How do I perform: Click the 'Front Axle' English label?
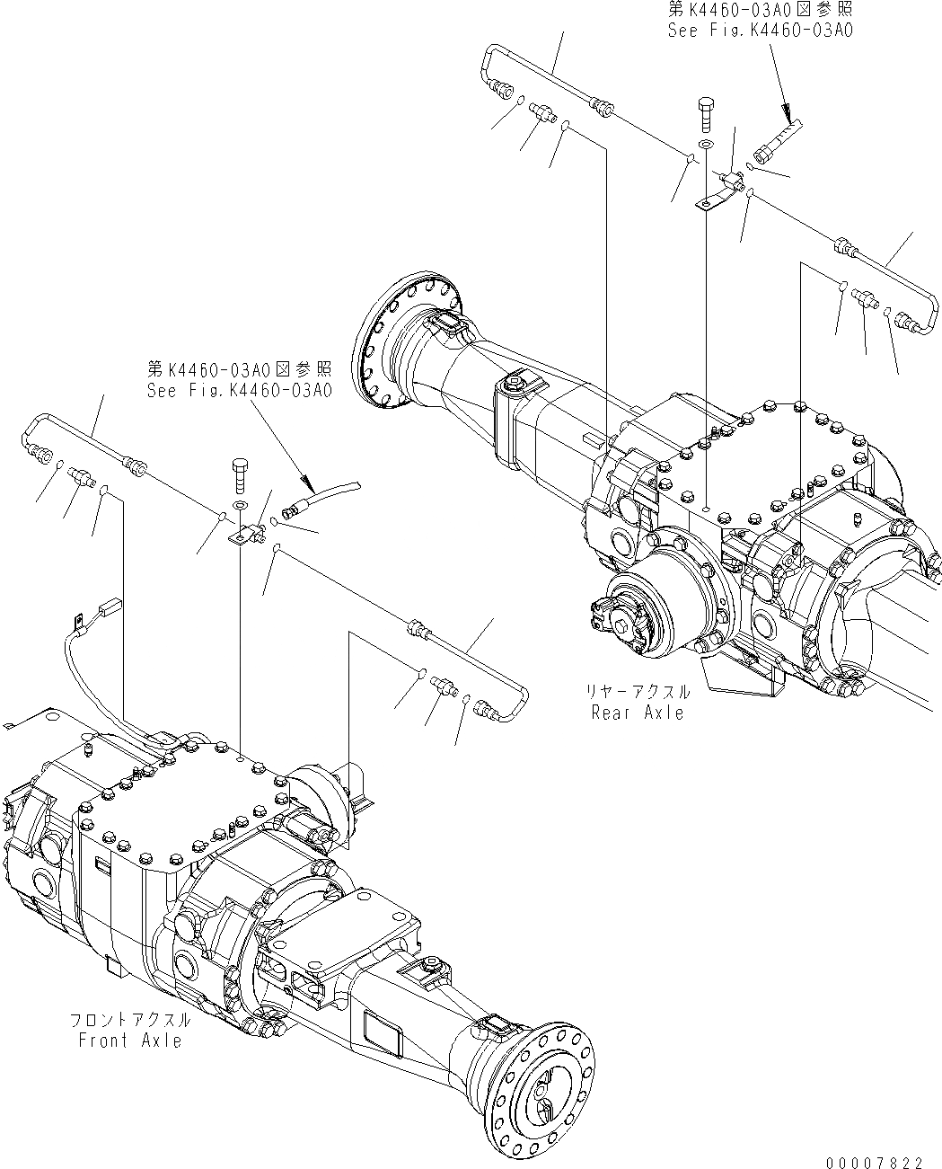pyautogui.click(x=130, y=1041)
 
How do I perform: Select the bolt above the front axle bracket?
pyautogui.click(x=240, y=473)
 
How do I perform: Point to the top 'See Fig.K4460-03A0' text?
pyautogui.click(x=760, y=31)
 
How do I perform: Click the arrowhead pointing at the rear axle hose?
pyautogui.click(x=790, y=115)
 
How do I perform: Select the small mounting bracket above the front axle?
pyautogui.click(x=240, y=537)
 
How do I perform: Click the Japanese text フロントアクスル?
pyautogui.click(x=130, y=1021)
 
